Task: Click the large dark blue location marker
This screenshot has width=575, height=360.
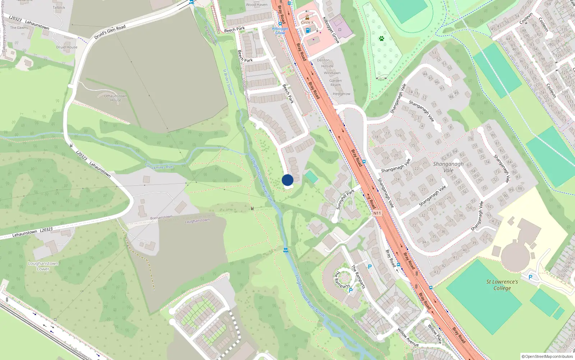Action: point(287,180)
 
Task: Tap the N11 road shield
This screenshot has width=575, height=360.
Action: point(377,213)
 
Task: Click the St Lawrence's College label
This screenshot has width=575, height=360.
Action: point(502,285)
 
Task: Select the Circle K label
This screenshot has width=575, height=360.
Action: point(307,22)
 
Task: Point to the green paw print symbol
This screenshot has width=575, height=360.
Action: point(381,38)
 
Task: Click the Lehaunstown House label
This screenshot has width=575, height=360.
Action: point(115,98)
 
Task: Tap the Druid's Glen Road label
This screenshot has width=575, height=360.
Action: point(110,32)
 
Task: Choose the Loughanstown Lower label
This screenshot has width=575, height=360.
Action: point(43,266)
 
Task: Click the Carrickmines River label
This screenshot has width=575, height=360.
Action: point(159,166)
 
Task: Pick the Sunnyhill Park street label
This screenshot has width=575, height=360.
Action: point(345,199)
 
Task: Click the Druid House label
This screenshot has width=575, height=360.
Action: point(66,47)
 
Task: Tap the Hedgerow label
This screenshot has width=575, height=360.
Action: point(341,94)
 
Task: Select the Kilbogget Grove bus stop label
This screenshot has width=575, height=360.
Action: point(280,31)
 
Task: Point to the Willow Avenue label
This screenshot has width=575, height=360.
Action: point(408,337)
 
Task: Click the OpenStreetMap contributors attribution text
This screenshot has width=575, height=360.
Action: point(549,356)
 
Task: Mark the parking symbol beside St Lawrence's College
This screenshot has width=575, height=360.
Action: point(530,277)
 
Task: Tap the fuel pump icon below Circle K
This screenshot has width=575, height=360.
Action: point(308,31)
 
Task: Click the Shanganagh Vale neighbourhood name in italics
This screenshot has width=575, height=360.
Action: point(448,167)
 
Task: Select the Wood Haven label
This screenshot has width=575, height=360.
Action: point(257,5)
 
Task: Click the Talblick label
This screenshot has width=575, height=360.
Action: point(59,7)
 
